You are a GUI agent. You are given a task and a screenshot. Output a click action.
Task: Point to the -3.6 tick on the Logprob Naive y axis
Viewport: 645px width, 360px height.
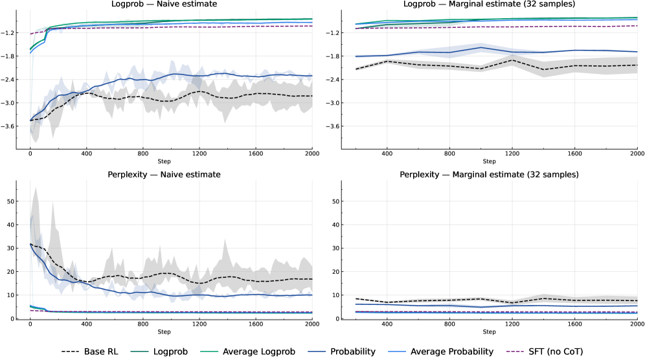click(x=8, y=126)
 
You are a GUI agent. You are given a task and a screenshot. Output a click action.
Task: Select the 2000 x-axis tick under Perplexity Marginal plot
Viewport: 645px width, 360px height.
click(x=636, y=325)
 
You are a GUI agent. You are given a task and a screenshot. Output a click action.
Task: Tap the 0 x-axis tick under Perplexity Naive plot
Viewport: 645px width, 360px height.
click(x=30, y=325)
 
